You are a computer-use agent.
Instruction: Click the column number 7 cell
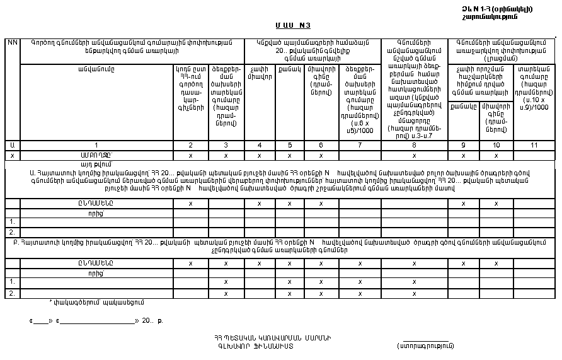point(360,146)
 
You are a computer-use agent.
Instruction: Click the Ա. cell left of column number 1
point(12,146)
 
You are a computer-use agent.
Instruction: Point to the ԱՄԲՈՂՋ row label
point(97,155)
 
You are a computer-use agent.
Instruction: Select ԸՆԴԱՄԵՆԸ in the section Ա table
point(97,204)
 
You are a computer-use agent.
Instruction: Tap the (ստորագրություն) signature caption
point(426,345)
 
